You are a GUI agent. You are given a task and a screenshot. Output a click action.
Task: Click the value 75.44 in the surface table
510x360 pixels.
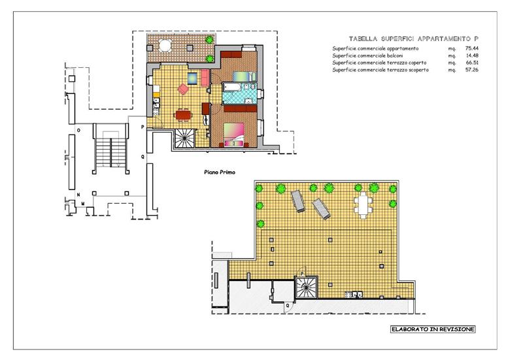click(x=471, y=48)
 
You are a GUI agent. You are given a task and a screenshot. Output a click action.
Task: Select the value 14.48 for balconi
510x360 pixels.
click(x=471, y=56)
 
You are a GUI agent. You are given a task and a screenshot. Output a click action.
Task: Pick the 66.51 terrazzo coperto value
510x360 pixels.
click(x=471, y=63)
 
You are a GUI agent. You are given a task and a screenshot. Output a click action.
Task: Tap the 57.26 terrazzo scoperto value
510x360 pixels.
click(x=471, y=70)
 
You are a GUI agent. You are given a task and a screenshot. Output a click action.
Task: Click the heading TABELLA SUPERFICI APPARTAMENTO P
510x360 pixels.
click(x=414, y=39)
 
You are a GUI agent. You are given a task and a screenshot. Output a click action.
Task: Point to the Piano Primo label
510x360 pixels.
click(x=220, y=172)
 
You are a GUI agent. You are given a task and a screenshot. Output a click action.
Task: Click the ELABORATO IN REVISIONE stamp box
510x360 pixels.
click(x=433, y=329)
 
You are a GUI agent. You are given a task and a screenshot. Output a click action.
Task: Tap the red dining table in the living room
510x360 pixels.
click(x=184, y=115)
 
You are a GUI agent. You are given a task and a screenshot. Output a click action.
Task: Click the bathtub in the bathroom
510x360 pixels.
click(x=231, y=87)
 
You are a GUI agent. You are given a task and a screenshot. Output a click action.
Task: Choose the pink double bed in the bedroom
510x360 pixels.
click(x=234, y=135)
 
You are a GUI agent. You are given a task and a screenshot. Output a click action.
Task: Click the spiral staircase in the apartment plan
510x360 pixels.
click(x=185, y=138)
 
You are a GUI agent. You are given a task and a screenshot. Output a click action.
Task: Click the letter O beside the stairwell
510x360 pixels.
click(x=78, y=130)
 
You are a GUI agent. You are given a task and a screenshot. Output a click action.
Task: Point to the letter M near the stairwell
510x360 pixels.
click(x=83, y=204)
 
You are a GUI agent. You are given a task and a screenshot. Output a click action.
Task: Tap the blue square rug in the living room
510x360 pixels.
click(x=192, y=78)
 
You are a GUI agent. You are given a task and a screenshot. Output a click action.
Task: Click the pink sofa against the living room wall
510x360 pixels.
click(x=205, y=78)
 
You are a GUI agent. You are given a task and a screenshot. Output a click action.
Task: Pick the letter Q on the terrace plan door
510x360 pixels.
click(x=287, y=305)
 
